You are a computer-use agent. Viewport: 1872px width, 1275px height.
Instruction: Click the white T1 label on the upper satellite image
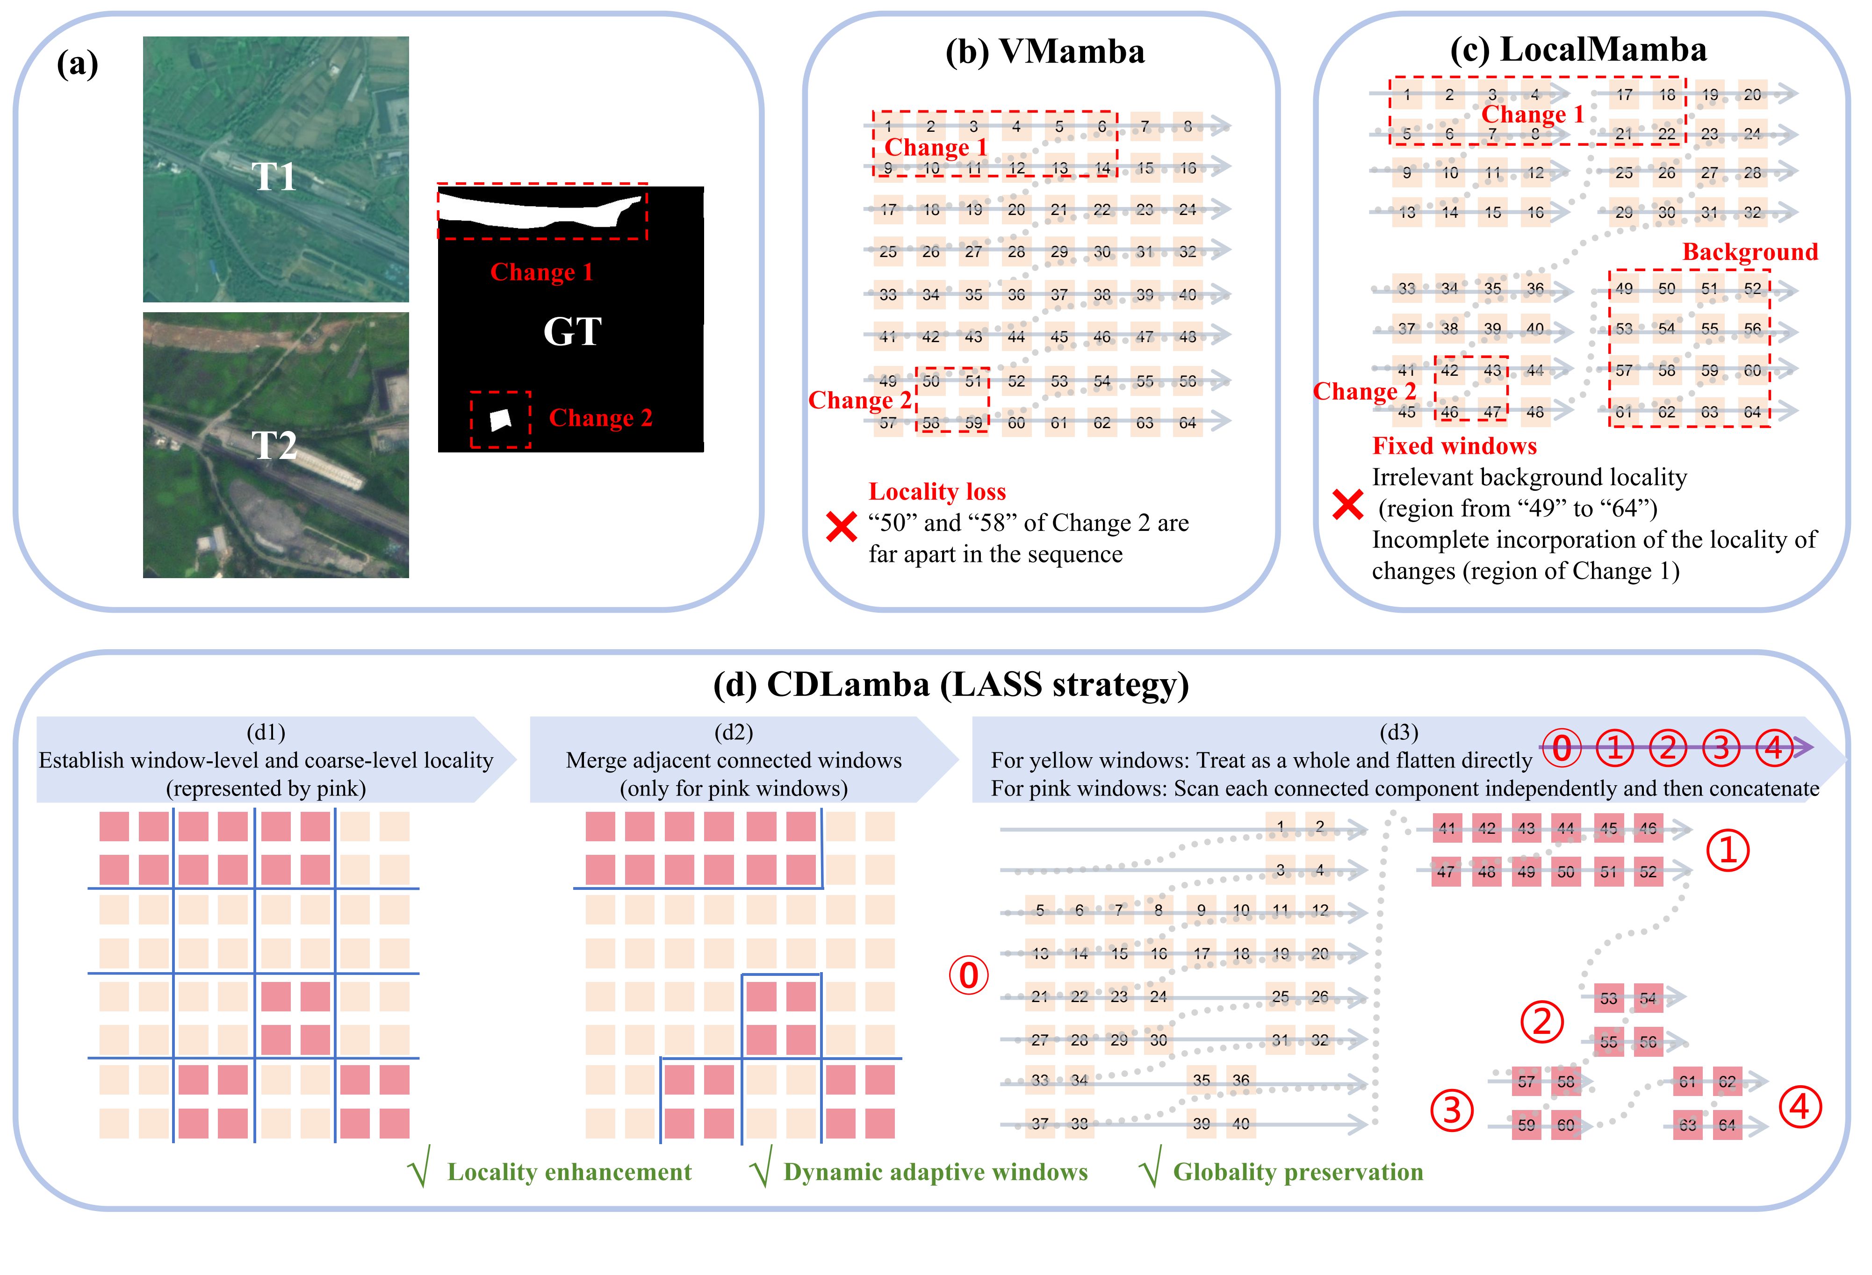pyautogui.click(x=275, y=176)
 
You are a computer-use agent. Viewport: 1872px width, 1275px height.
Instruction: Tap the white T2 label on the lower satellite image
pyautogui.click(x=275, y=445)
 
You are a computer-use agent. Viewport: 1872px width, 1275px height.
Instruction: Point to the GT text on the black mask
pyautogui.click(x=572, y=331)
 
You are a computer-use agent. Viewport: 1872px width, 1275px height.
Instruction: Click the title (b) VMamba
pyautogui.click(x=1045, y=51)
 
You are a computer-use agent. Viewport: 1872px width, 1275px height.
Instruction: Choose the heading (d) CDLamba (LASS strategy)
pyautogui.click(x=951, y=685)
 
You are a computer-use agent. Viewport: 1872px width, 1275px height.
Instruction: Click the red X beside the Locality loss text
pyautogui.click(x=842, y=528)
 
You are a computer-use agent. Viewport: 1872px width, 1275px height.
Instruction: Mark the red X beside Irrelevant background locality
pyautogui.click(x=1347, y=505)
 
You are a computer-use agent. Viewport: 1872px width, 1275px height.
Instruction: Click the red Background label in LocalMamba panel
pyautogui.click(x=1750, y=252)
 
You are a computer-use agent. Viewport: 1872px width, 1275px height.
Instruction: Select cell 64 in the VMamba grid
pyautogui.click(x=1188, y=423)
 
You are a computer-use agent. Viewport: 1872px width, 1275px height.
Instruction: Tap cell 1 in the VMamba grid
pyautogui.click(x=888, y=127)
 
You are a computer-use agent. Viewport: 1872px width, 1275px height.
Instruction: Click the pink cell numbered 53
pyautogui.click(x=1609, y=999)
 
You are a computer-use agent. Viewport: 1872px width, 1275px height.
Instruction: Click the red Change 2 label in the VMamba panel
pyautogui.click(x=859, y=400)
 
